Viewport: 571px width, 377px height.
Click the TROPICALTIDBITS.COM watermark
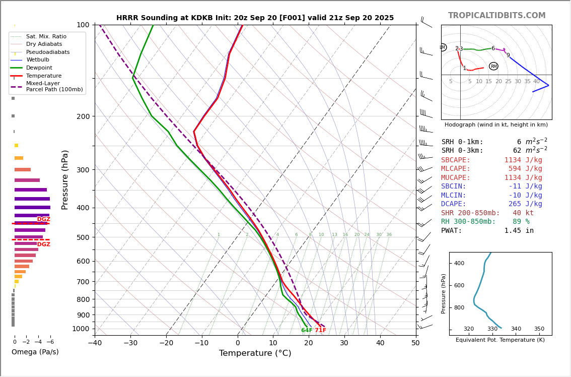(496, 16)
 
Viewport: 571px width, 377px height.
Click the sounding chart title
(255, 18)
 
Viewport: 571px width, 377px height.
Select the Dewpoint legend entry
(39, 68)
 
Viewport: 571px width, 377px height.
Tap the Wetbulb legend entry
(38, 60)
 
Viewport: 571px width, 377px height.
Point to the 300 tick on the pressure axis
(83, 170)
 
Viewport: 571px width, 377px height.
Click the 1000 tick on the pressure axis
(81, 329)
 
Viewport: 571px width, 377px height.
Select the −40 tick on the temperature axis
(95, 343)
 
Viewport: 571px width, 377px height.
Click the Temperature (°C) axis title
(255, 353)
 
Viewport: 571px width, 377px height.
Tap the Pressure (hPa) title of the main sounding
(65, 179)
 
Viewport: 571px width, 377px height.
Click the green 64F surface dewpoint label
(307, 331)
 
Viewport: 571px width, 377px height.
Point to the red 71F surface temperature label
(321, 331)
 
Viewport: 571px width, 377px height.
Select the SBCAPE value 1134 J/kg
(523, 160)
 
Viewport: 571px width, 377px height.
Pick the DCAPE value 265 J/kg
(525, 204)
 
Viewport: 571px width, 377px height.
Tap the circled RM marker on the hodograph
(493, 67)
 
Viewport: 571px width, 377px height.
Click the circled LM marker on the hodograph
(443, 47)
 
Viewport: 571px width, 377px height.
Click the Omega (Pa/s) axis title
(35, 352)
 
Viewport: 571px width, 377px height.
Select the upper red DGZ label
(44, 219)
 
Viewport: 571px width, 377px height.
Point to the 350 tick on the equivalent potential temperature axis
(539, 329)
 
